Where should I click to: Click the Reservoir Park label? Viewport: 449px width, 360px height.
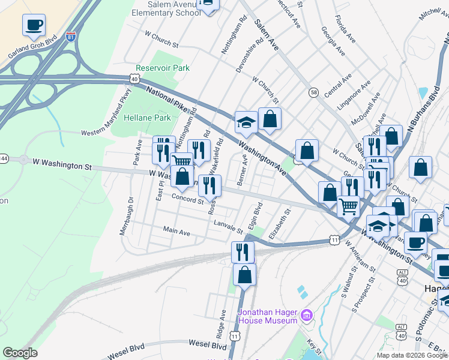tap(163, 68)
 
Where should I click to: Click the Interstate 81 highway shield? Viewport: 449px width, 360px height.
tap(71, 36)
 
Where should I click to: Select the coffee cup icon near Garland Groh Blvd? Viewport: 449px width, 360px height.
tap(34, 26)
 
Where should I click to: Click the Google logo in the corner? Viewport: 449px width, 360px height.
tap(20, 353)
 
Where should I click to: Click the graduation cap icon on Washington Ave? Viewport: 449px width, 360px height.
tap(246, 123)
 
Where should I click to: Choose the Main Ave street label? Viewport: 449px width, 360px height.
tap(176, 232)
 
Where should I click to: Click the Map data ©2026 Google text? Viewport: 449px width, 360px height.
tap(411, 355)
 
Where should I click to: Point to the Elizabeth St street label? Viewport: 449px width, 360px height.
tap(281, 224)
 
